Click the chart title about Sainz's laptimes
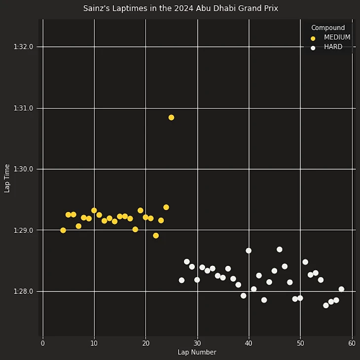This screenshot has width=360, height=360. [x=180, y=8]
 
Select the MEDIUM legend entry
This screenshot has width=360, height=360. [x=337, y=37]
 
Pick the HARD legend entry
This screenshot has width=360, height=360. [x=333, y=47]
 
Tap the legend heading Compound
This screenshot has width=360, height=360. [x=328, y=28]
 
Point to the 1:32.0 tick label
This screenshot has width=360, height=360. [x=23, y=47]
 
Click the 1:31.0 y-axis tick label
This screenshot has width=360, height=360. [x=23, y=108]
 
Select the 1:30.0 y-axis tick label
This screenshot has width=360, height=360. [x=23, y=169]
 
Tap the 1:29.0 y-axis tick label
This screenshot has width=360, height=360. [x=23, y=230]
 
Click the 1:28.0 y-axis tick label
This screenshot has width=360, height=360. [x=23, y=291]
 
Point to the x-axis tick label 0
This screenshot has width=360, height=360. [x=43, y=343]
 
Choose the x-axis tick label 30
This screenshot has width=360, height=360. [x=197, y=343]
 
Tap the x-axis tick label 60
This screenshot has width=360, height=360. [x=352, y=343]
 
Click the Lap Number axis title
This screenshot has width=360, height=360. [x=197, y=353]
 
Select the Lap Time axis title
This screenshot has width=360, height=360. [x=7, y=178]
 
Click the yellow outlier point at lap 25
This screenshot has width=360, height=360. [x=171, y=117]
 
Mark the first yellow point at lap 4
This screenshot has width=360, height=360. [x=63, y=230]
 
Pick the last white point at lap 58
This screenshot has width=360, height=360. [x=341, y=289]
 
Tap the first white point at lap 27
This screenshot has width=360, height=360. [x=181, y=280]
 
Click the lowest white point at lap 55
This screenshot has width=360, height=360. [x=326, y=305]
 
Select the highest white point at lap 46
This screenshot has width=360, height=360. [x=280, y=250]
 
